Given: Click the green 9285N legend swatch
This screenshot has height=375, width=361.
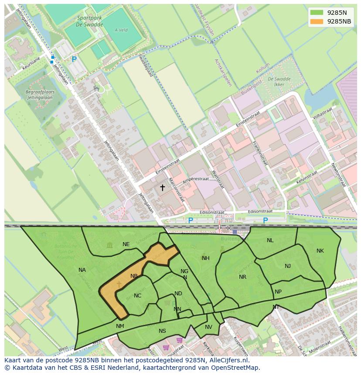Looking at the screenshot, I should tap(317, 13).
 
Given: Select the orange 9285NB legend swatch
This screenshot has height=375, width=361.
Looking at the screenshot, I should tap(317, 21).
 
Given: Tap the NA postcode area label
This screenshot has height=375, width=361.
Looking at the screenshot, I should tap(82, 270).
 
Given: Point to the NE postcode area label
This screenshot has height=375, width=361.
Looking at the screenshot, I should tap(126, 244).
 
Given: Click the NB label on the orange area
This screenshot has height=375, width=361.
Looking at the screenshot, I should tap(134, 276).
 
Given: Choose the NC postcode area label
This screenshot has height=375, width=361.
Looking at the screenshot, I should tap(137, 296).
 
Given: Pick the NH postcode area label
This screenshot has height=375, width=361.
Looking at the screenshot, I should tap(205, 258).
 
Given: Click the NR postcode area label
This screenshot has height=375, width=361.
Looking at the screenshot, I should tap(242, 277).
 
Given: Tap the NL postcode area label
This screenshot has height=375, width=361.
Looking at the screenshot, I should tap(270, 240).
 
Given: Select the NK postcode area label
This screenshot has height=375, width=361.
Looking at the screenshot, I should tap(320, 251).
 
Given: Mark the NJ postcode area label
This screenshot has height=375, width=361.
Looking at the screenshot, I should tap(288, 266).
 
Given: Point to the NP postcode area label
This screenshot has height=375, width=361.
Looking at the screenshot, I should tap(278, 292).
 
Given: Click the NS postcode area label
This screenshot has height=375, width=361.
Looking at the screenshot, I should tap(162, 331).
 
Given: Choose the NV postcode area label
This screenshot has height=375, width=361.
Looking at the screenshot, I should tap(208, 327).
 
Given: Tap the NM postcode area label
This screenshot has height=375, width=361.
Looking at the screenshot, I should tap(120, 326).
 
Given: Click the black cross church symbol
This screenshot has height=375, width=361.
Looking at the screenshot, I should tap(162, 188).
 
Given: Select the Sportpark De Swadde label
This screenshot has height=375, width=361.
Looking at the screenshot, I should tap(90, 21).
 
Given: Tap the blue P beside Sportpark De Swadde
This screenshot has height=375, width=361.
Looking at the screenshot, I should tap(74, 59).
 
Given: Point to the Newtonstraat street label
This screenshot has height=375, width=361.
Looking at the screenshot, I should tap(338, 174).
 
